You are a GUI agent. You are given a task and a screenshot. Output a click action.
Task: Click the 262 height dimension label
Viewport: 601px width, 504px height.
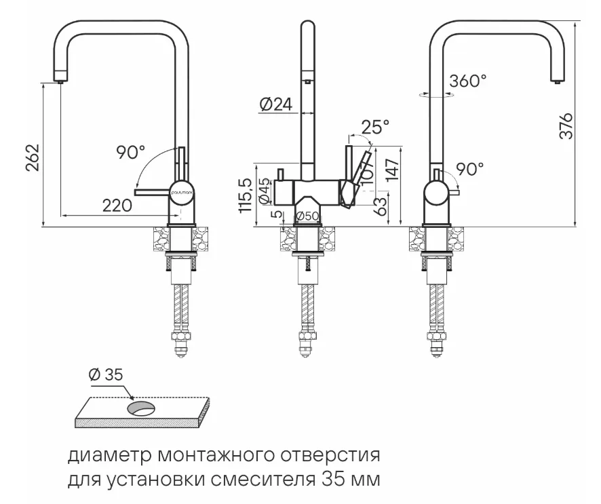(31, 157)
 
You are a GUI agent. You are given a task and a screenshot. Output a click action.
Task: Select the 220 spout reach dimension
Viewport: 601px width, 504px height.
(117, 206)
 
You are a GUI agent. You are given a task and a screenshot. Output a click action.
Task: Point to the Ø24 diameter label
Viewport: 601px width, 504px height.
(275, 104)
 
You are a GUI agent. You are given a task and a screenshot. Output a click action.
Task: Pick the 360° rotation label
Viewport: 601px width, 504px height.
(467, 81)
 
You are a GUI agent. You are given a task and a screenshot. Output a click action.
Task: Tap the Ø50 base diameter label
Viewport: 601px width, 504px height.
(308, 216)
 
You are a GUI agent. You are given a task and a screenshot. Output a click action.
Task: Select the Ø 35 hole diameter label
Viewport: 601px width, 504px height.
(106, 374)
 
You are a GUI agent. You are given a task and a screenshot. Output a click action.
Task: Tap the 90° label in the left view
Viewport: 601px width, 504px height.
(130, 153)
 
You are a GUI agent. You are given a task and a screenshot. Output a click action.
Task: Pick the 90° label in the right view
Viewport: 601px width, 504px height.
(469, 169)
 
